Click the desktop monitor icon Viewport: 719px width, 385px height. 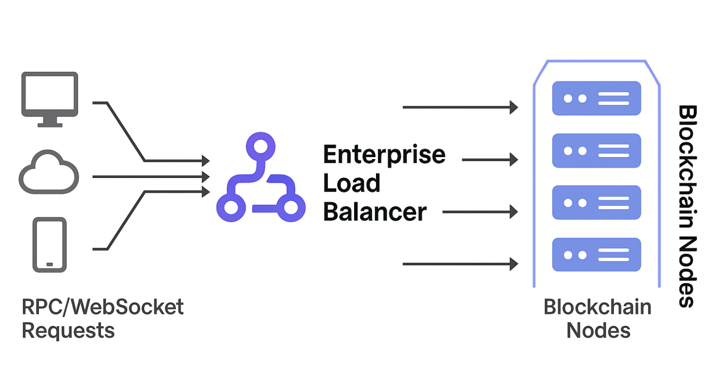49,95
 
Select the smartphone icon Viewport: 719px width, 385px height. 49,244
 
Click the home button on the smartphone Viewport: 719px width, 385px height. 49,264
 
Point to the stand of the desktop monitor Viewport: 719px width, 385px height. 49,122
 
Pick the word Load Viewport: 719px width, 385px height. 352,183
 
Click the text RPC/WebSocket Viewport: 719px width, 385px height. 103,307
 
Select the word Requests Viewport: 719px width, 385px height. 68,331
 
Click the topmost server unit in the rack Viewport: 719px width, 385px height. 596,98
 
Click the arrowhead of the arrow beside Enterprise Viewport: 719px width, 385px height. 513,159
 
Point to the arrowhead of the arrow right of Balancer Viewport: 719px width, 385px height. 513,211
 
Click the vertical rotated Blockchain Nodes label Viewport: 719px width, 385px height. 687,206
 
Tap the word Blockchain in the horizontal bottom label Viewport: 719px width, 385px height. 597,307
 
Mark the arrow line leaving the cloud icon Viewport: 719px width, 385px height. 146,176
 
